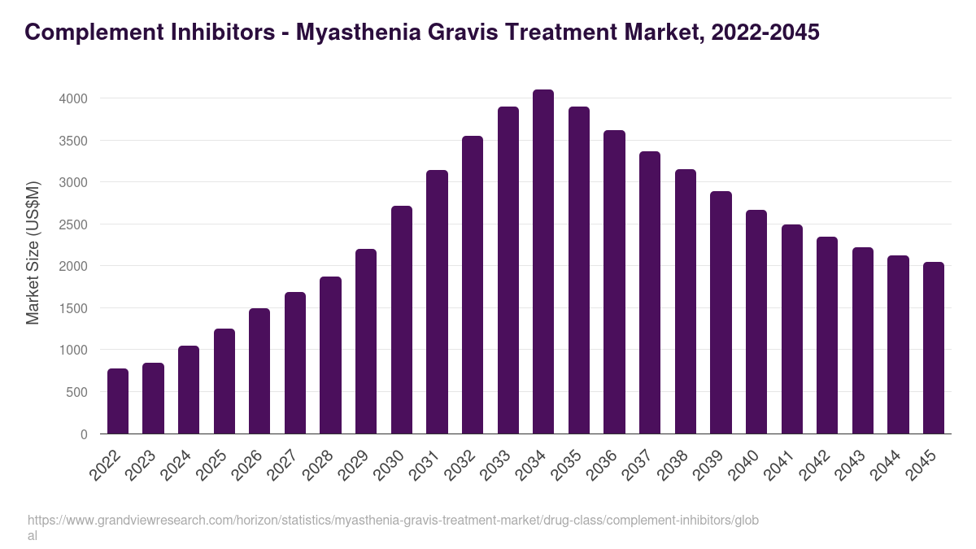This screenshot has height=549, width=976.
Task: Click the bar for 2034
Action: (543, 262)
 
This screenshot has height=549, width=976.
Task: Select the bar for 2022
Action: (118, 401)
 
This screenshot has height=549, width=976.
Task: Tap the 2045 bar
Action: (934, 348)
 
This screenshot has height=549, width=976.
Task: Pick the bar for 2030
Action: (402, 320)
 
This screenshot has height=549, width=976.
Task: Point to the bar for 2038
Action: (686, 302)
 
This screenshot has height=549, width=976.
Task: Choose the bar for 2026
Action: (259, 371)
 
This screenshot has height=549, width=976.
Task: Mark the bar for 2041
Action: (792, 329)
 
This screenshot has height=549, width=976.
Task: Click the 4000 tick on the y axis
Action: (73, 98)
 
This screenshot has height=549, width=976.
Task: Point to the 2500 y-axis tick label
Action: (73, 224)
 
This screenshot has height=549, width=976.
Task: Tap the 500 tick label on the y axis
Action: (77, 392)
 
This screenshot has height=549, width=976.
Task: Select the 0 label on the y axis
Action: (84, 434)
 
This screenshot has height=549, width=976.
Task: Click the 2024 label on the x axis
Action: (183, 466)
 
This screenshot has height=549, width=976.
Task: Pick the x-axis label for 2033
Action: (503, 466)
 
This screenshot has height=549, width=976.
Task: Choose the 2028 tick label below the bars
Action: (325, 466)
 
